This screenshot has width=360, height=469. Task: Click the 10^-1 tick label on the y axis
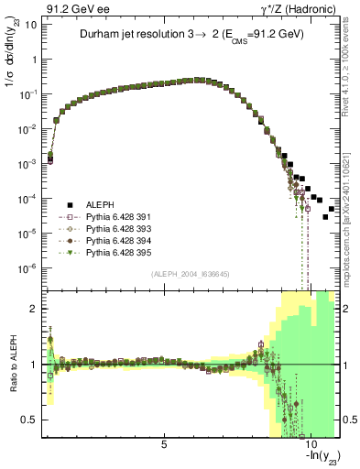pyautogui.click(x=29, y=94)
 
